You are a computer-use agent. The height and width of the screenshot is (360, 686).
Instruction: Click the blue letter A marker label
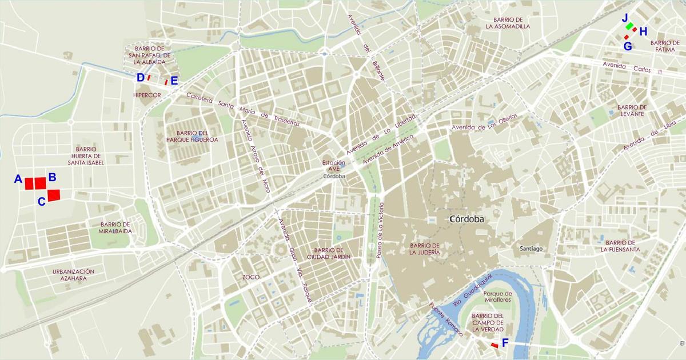[x=18, y=179]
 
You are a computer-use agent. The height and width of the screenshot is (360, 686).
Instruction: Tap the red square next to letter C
[x=54, y=195]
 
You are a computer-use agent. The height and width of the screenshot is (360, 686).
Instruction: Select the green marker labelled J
[x=629, y=26]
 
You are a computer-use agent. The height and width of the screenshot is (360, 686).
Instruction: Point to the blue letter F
[x=505, y=343]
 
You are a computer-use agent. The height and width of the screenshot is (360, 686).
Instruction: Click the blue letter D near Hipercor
[x=140, y=78]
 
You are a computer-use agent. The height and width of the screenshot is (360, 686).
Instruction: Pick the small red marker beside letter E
[x=166, y=82]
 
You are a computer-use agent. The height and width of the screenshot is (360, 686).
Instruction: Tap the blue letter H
[x=643, y=32]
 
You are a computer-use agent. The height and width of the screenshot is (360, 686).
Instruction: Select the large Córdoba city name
[x=466, y=219]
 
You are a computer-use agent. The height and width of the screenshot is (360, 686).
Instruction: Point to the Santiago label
[x=531, y=249]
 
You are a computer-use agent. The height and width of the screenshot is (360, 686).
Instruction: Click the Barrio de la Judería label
[x=425, y=249]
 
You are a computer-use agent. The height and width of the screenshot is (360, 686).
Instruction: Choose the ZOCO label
[x=250, y=277]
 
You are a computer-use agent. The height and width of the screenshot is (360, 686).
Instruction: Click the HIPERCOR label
[x=147, y=95]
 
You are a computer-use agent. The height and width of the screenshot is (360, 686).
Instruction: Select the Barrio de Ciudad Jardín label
[x=328, y=254]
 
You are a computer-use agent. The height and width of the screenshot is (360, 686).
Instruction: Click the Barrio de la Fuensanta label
[x=620, y=246]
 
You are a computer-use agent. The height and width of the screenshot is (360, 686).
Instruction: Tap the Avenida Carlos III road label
[x=632, y=68]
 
